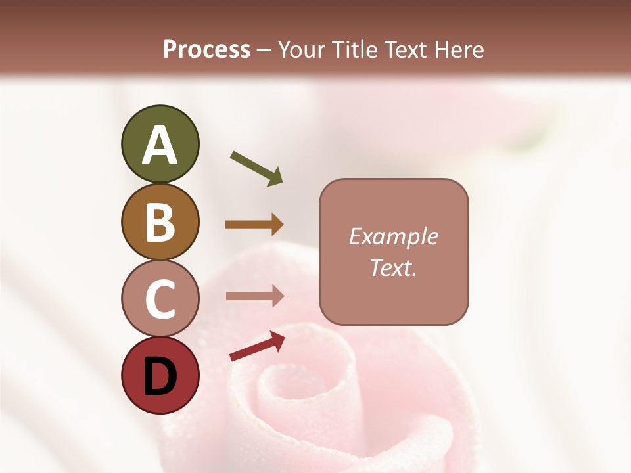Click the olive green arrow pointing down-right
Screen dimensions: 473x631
256,168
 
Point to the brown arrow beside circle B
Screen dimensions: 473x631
254,225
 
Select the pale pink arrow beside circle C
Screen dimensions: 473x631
254,296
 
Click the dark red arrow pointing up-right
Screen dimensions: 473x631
257,346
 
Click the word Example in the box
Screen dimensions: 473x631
394,236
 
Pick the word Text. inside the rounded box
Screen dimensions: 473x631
394,268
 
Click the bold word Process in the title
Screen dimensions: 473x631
206,49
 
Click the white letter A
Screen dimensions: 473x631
160,146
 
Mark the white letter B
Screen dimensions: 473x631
160,223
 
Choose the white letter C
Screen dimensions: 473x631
160,299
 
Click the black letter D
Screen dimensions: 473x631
160,377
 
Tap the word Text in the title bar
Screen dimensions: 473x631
407,49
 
